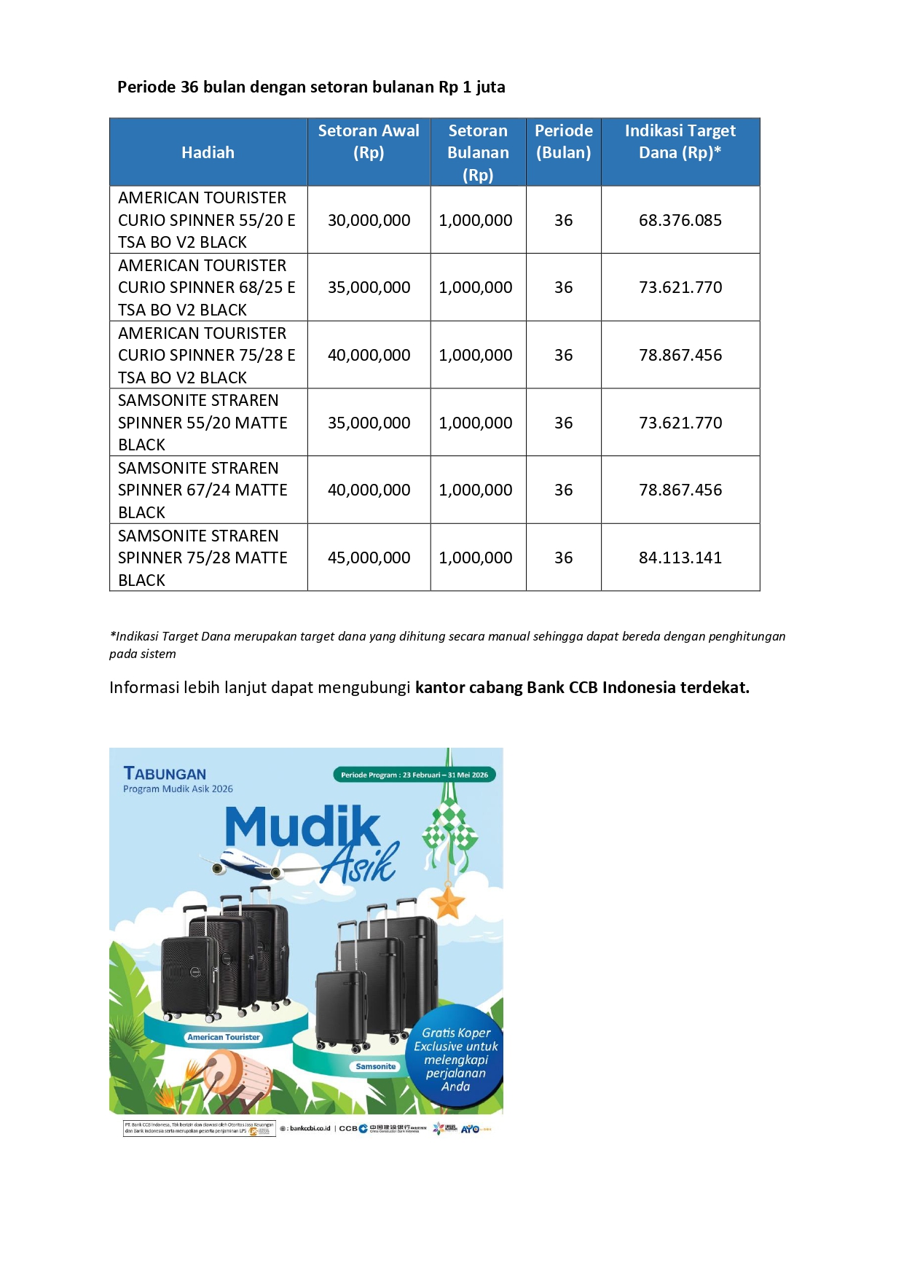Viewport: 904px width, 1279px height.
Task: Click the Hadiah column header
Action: pyautogui.click(x=208, y=152)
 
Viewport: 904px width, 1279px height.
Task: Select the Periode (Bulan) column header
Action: pyautogui.click(x=563, y=141)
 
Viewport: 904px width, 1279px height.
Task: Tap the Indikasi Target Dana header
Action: pyautogui.click(x=680, y=141)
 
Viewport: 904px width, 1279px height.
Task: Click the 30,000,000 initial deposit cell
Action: pyautogui.click(x=369, y=220)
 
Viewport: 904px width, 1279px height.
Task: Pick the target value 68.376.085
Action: pyautogui.click(x=680, y=220)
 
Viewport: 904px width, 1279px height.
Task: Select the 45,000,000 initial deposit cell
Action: pyautogui.click(x=369, y=558)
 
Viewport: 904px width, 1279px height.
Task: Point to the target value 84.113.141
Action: pyautogui.click(x=680, y=558)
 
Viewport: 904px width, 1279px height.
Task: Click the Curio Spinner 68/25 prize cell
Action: pyautogui.click(x=207, y=287)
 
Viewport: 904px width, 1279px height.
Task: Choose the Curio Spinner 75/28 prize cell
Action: pyautogui.click(x=207, y=355)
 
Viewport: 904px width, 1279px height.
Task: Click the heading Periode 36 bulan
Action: pyautogui.click(x=311, y=87)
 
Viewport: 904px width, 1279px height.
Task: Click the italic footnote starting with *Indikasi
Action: pyautogui.click(x=447, y=644)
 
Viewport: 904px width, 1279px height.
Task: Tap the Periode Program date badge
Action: pyautogui.click(x=414, y=775)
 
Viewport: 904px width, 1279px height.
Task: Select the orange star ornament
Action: pyautogui.click(x=447, y=902)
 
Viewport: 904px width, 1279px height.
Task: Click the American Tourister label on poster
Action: pyautogui.click(x=223, y=1037)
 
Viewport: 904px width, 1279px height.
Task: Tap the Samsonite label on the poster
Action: pyautogui.click(x=375, y=1066)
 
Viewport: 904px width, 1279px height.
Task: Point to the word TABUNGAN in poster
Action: pyautogui.click(x=165, y=773)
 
